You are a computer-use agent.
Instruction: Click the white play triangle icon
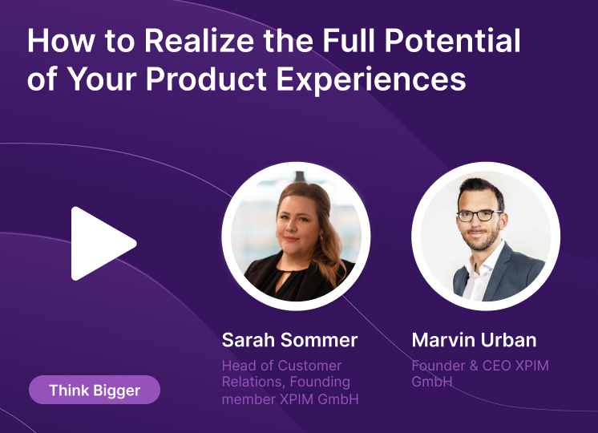[x=99, y=244]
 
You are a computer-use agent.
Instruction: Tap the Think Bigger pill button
[x=95, y=390]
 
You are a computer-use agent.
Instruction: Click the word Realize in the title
[x=199, y=40]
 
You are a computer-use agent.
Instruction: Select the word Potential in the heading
[x=452, y=40]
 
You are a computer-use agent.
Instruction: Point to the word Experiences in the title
[x=371, y=80]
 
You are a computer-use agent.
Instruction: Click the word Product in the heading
[x=206, y=79]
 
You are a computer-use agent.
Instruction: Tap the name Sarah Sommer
[x=290, y=339]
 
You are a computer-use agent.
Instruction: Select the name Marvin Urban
[x=474, y=339]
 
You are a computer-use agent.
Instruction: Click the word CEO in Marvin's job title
[x=496, y=366]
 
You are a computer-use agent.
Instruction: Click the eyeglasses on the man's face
[x=479, y=216]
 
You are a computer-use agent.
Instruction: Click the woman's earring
[x=321, y=237]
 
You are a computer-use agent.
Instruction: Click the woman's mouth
[x=291, y=239]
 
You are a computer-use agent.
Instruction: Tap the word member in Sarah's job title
[x=248, y=399]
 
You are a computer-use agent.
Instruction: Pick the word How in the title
[x=61, y=40]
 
